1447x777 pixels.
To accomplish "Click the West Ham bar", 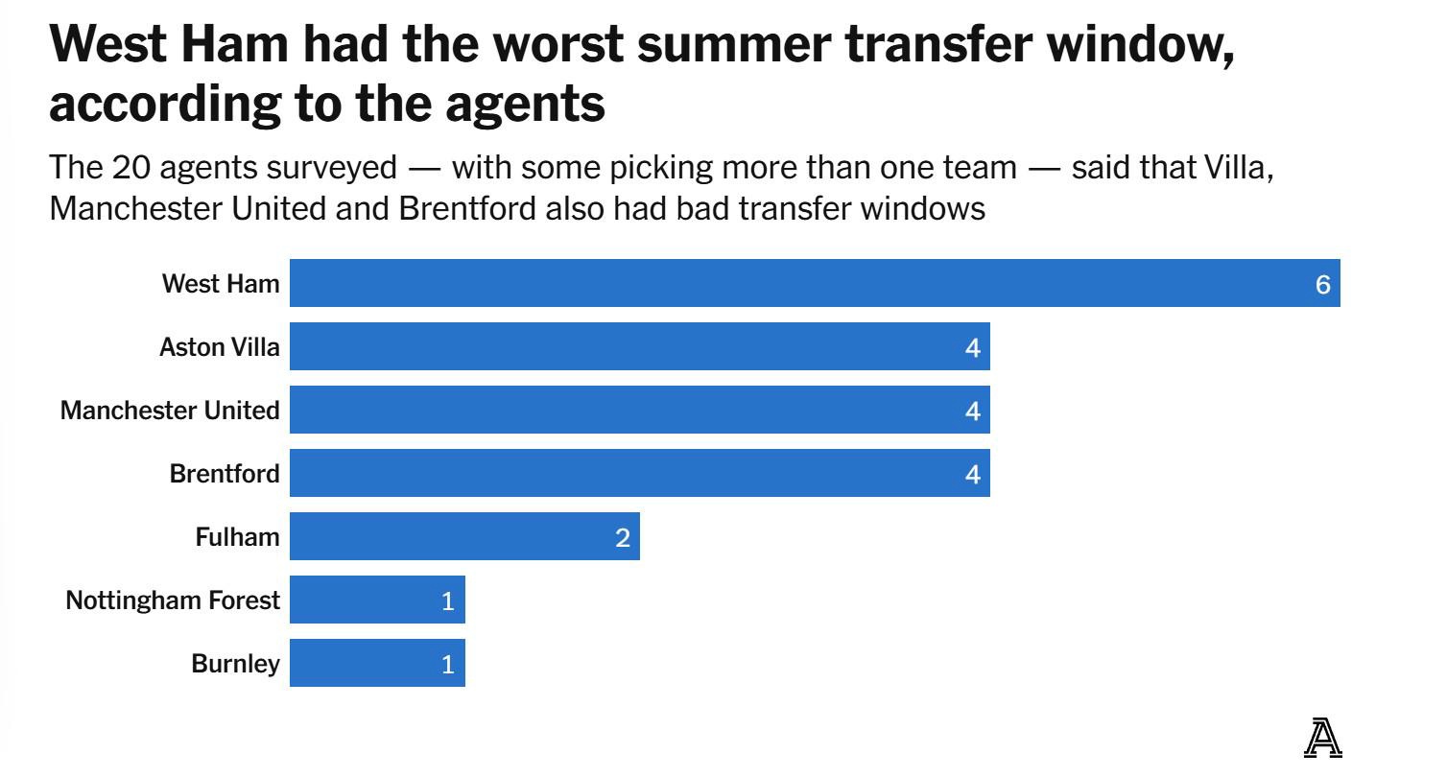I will click(x=814, y=283).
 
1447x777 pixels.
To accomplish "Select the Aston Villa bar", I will click(x=639, y=346).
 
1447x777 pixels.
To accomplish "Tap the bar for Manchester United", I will click(x=639, y=410).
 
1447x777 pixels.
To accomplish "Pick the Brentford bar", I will click(x=639, y=473).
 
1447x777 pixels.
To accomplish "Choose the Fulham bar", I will click(x=464, y=536).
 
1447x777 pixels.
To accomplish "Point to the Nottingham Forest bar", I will click(x=377, y=600).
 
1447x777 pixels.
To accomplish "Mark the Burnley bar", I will click(x=377, y=663).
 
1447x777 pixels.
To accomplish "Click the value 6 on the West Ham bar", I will click(x=1322, y=284).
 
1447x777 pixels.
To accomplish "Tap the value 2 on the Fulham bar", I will click(x=622, y=538).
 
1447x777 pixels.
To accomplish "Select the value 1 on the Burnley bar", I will click(x=447, y=664).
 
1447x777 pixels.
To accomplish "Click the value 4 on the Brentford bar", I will click(x=972, y=474).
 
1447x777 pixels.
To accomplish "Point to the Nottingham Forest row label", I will click(x=173, y=600).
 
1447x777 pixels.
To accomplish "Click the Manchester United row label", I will click(x=170, y=411).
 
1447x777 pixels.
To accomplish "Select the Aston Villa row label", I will click(x=220, y=347).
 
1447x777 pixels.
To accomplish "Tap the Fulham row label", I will click(x=237, y=537).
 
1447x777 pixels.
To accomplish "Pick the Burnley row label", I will click(x=235, y=664).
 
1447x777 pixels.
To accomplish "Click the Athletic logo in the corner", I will click(x=1322, y=739).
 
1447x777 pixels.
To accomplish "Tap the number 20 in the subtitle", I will click(x=130, y=168).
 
